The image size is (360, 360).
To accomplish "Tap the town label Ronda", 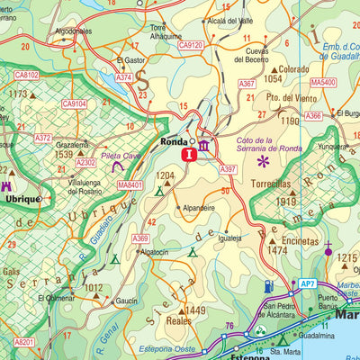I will point(173,141).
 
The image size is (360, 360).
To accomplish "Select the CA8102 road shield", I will point(27,76).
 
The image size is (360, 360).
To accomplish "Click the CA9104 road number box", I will point(75,104).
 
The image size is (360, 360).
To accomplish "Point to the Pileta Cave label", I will point(120,156).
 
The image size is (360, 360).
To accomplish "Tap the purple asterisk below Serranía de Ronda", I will point(264,162).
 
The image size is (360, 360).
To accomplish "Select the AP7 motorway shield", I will point(308,283).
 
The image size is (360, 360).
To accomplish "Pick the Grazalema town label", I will point(72,144).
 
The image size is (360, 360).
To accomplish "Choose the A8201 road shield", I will point(26,342).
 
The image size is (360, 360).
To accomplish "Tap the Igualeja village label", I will point(230,238).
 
